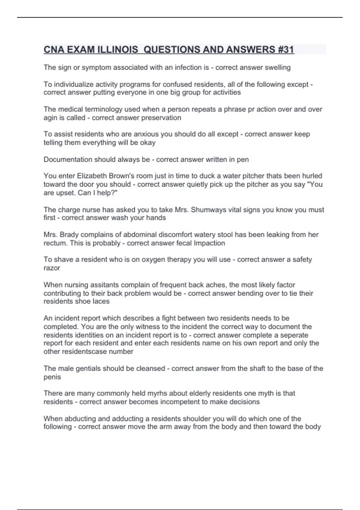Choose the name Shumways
coord(210,210)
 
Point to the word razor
coord(52,268)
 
